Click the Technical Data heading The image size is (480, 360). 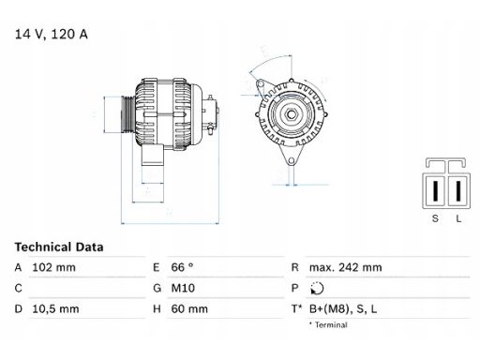coord(58,247)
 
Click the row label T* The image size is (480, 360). coord(297,307)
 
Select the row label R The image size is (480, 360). coord(295,268)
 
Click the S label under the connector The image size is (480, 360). coord(434,217)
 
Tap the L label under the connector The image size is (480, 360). coord(457,217)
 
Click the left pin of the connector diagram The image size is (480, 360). coord(434,190)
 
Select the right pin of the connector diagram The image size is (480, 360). coord(457,190)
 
